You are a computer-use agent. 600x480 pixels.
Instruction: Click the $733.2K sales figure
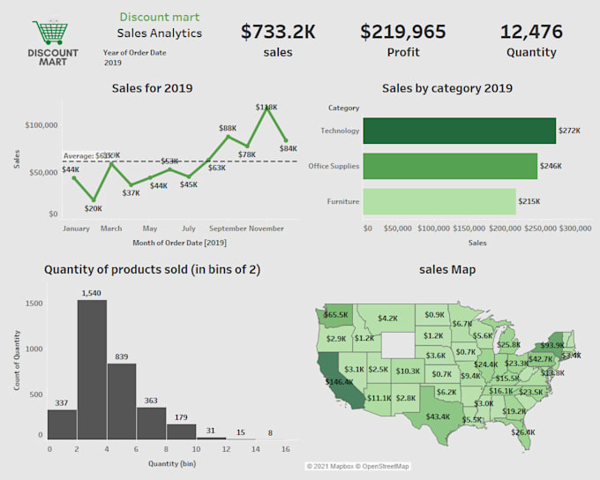point(278,32)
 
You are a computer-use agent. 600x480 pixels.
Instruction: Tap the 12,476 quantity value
point(530,32)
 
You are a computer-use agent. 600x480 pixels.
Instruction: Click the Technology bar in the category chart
point(459,131)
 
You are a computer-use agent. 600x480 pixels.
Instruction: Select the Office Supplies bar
point(450,166)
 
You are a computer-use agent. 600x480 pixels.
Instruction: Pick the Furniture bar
point(439,201)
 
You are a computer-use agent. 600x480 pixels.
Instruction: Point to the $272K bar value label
point(569,131)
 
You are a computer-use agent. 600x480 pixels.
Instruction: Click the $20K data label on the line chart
point(94,209)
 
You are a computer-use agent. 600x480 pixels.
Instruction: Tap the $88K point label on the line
point(228,128)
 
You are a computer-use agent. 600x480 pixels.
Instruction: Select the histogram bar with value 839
point(122,401)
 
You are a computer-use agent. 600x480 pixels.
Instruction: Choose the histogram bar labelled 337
point(62,424)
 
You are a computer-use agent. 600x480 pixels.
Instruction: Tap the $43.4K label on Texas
point(438,416)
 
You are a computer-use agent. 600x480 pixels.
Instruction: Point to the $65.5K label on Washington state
point(336,314)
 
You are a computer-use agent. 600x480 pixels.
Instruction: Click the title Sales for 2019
point(152,88)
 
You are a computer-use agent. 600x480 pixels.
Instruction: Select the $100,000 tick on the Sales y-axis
point(41,126)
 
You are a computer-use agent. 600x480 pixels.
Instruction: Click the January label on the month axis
point(77,229)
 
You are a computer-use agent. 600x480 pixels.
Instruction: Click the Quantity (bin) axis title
point(167,463)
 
